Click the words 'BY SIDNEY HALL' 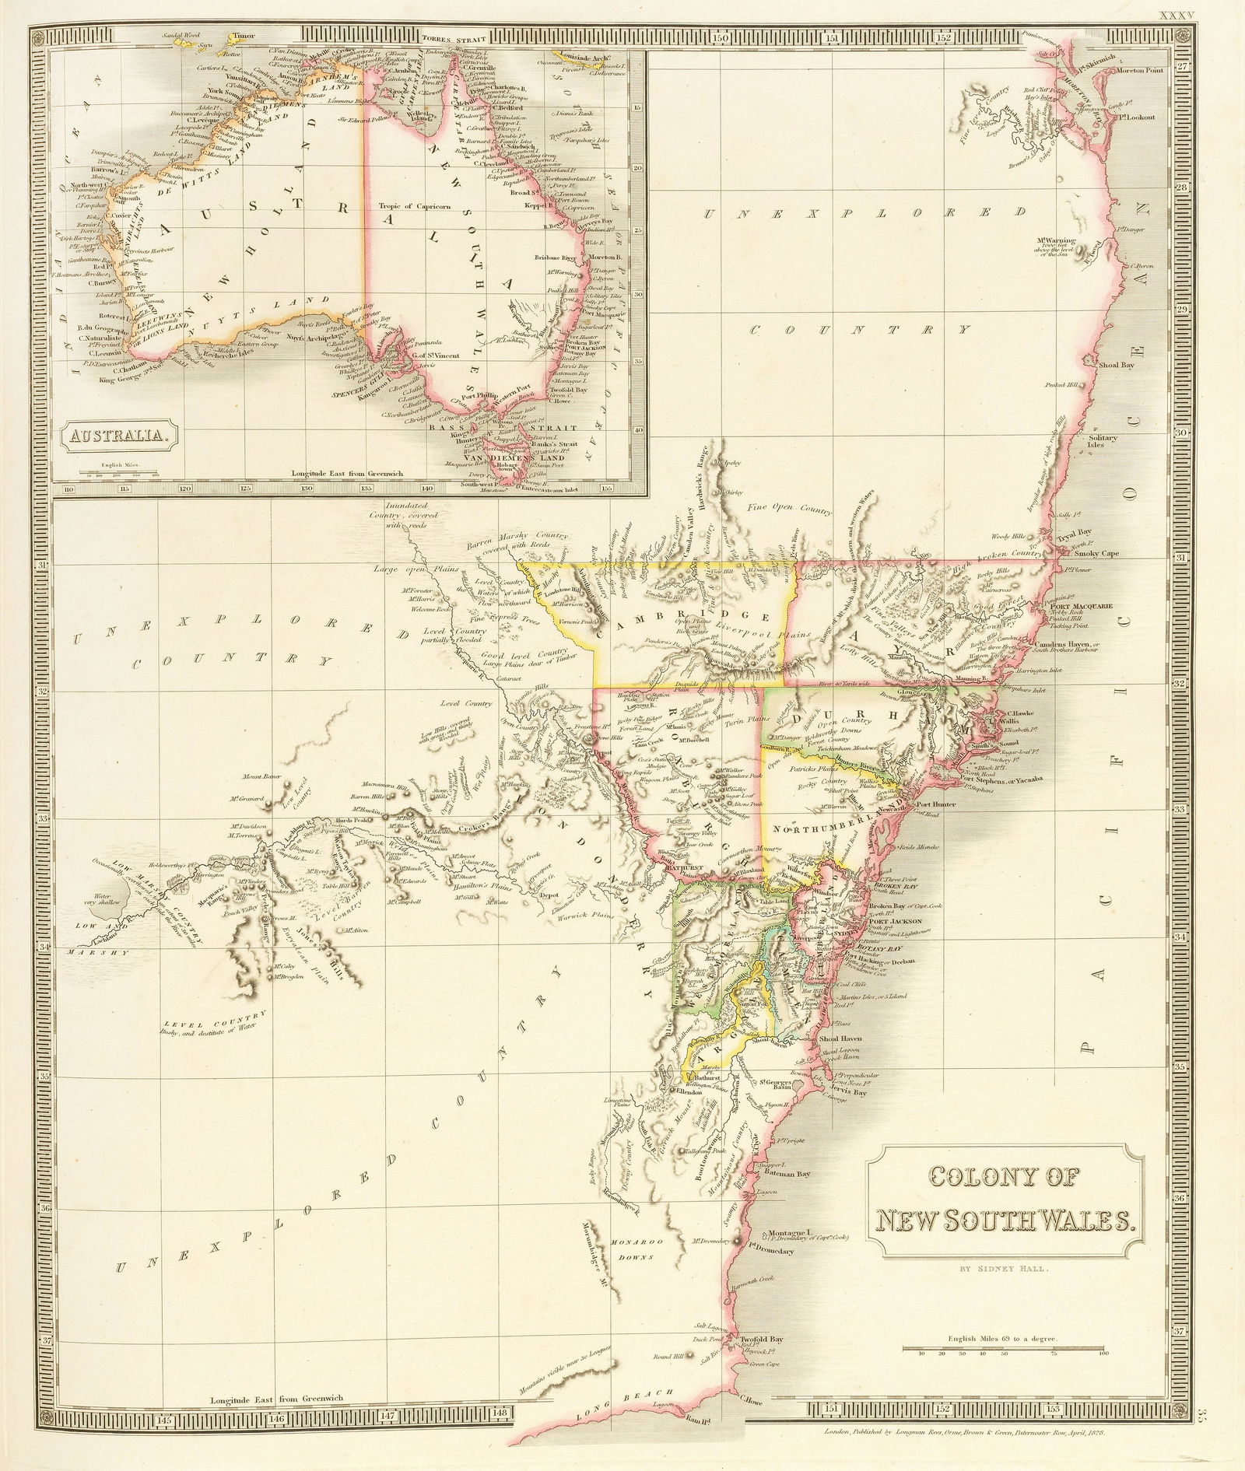1005,1269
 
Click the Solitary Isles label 1103,442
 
